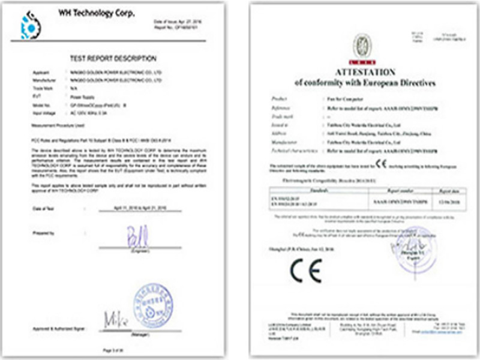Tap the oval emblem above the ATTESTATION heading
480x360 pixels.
[362, 46]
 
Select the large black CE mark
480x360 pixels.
[306, 271]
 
